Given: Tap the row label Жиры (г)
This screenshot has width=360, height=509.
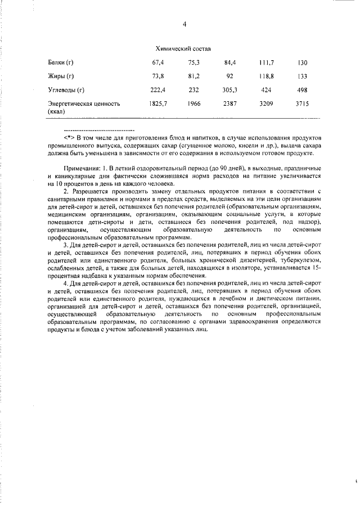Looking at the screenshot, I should coord(61,76).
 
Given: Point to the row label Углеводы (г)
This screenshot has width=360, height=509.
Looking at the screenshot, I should coord(66,90).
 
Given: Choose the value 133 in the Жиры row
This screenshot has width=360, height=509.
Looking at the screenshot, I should coord(303,76).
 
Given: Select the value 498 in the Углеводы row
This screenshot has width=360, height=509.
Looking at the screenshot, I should coord(303,90).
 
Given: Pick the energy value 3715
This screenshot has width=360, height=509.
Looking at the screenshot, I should coord(303,104).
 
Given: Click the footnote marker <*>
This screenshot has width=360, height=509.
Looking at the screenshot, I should coord(69,138).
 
